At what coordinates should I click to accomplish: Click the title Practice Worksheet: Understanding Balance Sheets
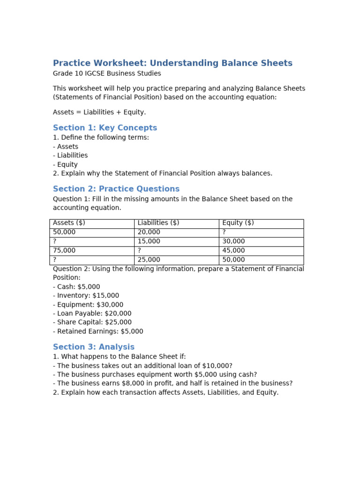pyautogui.click(x=172, y=63)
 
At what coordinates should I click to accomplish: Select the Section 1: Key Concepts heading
pyautogui.click(x=105, y=128)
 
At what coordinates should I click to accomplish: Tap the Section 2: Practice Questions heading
pyautogui.click(x=116, y=189)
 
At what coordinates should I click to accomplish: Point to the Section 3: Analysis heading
pyautogui.click(x=94, y=347)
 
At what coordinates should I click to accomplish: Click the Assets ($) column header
pyautogui.click(x=69, y=223)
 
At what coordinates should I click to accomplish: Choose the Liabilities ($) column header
pyautogui.click(x=158, y=223)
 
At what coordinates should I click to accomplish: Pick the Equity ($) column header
pyautogui.click(x=238, y=223)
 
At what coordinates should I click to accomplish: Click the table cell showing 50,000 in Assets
pyautogui.click(x=64, y=232)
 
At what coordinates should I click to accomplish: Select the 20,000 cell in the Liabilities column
pyautogui.click(x=149, y=232)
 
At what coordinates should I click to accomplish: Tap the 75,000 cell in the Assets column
pyautogui.click(x=64, y=251)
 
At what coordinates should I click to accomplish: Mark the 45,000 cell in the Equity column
pyautogui.click(x=233, y=251)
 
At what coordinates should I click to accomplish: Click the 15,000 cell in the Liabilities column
pyautogui.click(x=149, y=241)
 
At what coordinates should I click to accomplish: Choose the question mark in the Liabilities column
pyautogui.click(x=139, y=251)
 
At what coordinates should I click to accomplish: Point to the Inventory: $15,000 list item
pyautogui.click(x=86, y=296)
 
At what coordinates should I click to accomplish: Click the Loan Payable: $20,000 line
pyautogui.click(x=92, y=314)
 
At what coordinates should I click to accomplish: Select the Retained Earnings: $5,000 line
pyautogui.click(x=98, y=331)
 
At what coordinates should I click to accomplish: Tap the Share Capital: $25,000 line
pyautogui.click(x=92, y=322)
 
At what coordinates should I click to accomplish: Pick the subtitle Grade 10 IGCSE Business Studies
pyautogui.click(x=107, y=74)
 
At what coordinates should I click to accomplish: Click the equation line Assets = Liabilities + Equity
pyautogui.click(x=99, y=112)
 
